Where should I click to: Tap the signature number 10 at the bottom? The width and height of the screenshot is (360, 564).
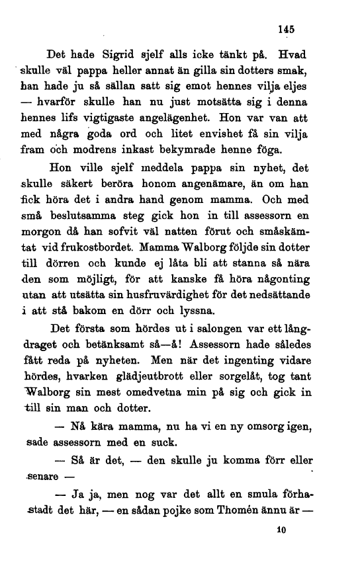coord(284,530)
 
